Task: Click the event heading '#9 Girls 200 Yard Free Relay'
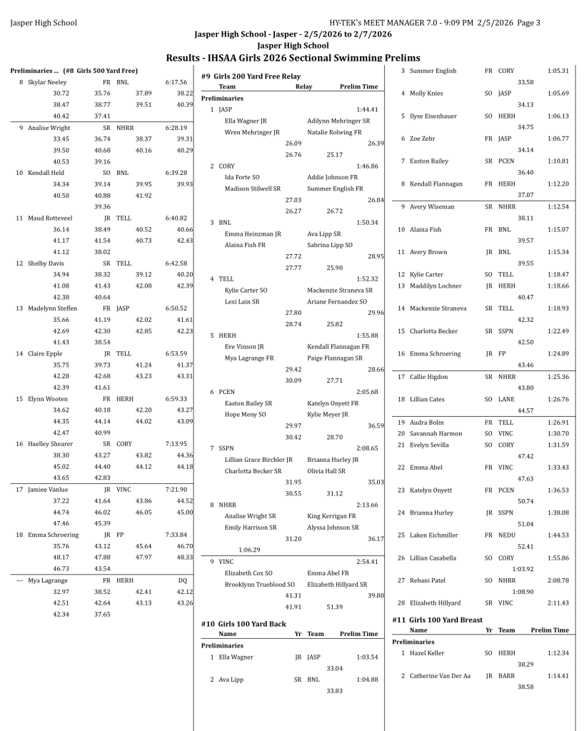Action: tap(251, 76)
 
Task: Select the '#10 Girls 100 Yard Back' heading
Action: tap(243, 623)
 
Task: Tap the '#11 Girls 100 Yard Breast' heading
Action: tap(437, 620)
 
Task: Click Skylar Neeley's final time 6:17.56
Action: tap(176, 82)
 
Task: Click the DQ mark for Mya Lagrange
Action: tap(182, 580)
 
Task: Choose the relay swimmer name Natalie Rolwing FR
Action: tap(334, 132)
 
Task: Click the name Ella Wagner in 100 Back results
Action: tap(236, 657)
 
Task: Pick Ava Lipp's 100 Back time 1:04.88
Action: tap(367, 680)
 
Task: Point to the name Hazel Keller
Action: tap(427, 652)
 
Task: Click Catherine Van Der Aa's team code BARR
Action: tap(506, 675)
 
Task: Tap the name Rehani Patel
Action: tap(427, 580)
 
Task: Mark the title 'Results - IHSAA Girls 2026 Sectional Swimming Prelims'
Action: tap(293, 58)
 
